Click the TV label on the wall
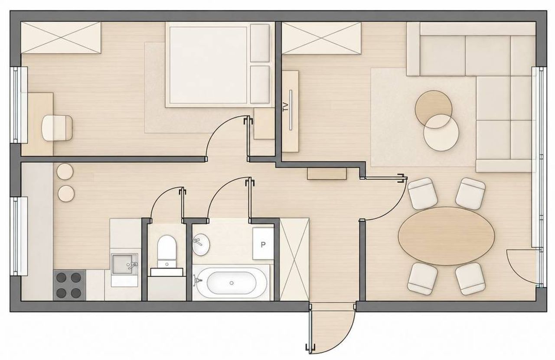(286, 107)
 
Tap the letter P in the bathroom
(263, 245)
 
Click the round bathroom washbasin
(201, 245)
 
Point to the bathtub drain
(232, 283)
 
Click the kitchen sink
(124, 264)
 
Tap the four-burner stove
(70, 285)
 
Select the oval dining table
(446, 236)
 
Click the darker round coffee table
(433, 109)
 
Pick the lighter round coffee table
(441, 133)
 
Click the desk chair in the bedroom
(57, 128)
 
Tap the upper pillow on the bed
(260, 43)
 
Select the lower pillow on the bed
(260, 84)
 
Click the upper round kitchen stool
(65, 171)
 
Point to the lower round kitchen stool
(66, 193)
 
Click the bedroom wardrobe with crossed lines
(61, 37)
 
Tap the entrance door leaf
(310, 331)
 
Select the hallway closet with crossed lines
(294, 259)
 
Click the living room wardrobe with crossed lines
(321, 38)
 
